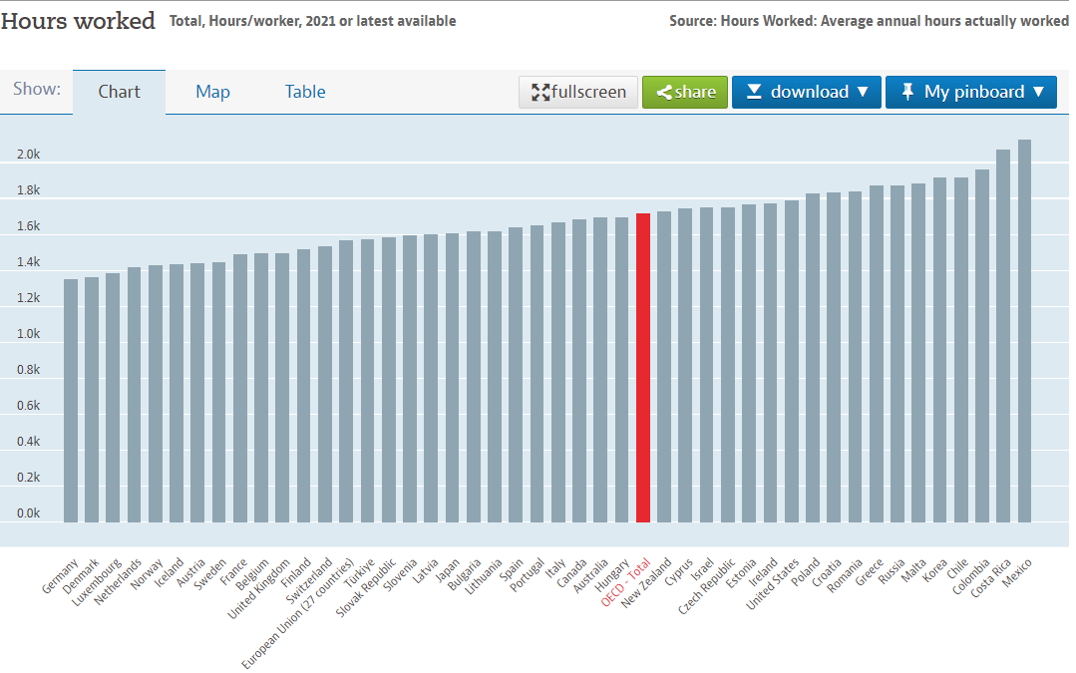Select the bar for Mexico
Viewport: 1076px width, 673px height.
1024,330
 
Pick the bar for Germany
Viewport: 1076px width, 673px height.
71,400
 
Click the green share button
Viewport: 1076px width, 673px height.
685,92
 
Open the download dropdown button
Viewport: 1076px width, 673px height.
807,92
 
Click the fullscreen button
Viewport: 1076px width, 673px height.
578,92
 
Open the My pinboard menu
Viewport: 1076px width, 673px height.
971,92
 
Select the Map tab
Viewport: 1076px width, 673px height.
212,92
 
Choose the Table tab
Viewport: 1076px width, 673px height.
305,92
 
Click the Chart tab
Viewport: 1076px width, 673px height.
119,92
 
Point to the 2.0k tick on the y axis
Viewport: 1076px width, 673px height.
28,155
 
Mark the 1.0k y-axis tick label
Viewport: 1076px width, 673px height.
28,334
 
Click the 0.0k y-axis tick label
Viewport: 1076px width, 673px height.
28,513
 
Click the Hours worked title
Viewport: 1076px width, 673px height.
78,21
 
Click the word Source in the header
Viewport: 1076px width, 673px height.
693,21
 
